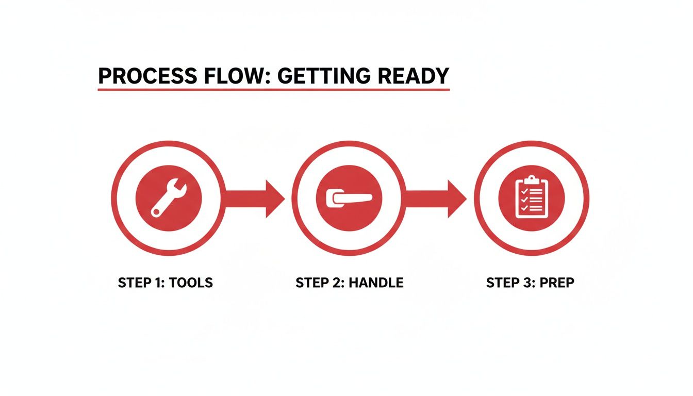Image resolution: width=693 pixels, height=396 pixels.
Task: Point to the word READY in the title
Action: (414, 76)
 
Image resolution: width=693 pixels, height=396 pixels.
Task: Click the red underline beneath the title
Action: (273, 90)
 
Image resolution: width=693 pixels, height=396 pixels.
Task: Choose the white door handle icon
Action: (349, 198)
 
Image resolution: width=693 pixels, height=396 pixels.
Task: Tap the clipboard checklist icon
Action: (531, 198)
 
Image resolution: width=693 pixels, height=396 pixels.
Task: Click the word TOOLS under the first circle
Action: (190, 283)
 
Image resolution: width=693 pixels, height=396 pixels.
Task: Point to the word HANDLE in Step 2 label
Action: (377, 283)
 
